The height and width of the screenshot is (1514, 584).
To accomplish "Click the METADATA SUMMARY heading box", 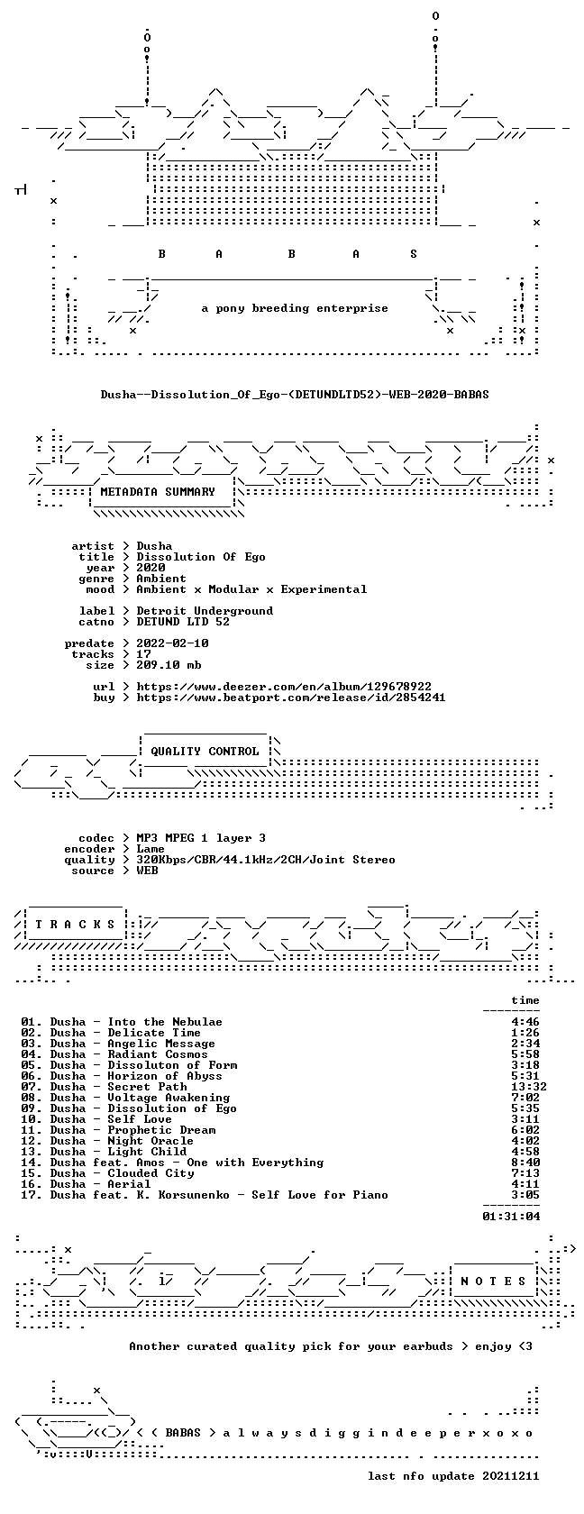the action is pos(158,492).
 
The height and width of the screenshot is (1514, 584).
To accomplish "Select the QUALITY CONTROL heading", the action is pos(205,752).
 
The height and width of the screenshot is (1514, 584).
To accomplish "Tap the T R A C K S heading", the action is pos(75,925).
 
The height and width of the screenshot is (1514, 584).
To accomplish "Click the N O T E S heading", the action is pos(493,1281).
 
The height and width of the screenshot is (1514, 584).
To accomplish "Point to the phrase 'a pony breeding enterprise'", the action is pos(295,308).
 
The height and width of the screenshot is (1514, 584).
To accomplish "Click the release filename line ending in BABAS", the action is pos(295,395).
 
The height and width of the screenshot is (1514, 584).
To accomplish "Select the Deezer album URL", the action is pos(284,687).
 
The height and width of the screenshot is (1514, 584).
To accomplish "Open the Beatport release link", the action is pos(291,698).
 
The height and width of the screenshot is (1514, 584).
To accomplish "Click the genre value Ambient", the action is pos(160,579).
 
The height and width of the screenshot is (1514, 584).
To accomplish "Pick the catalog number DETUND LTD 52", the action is pos(183,622).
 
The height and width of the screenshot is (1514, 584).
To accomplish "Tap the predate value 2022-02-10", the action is pos(172,643).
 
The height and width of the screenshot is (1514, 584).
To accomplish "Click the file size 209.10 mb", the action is pos(169,665).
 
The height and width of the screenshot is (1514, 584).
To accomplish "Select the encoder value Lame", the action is pos(150,849).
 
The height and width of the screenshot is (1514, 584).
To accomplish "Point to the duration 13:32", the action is pos(528,1087).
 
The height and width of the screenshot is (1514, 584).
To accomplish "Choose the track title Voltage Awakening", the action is pos(169,1098).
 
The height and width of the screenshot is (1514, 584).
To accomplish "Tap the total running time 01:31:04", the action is pos(511,1217).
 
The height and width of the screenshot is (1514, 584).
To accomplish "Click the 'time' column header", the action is pos(525,1000).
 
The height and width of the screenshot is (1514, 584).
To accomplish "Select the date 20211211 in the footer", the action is pos(511,1476).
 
